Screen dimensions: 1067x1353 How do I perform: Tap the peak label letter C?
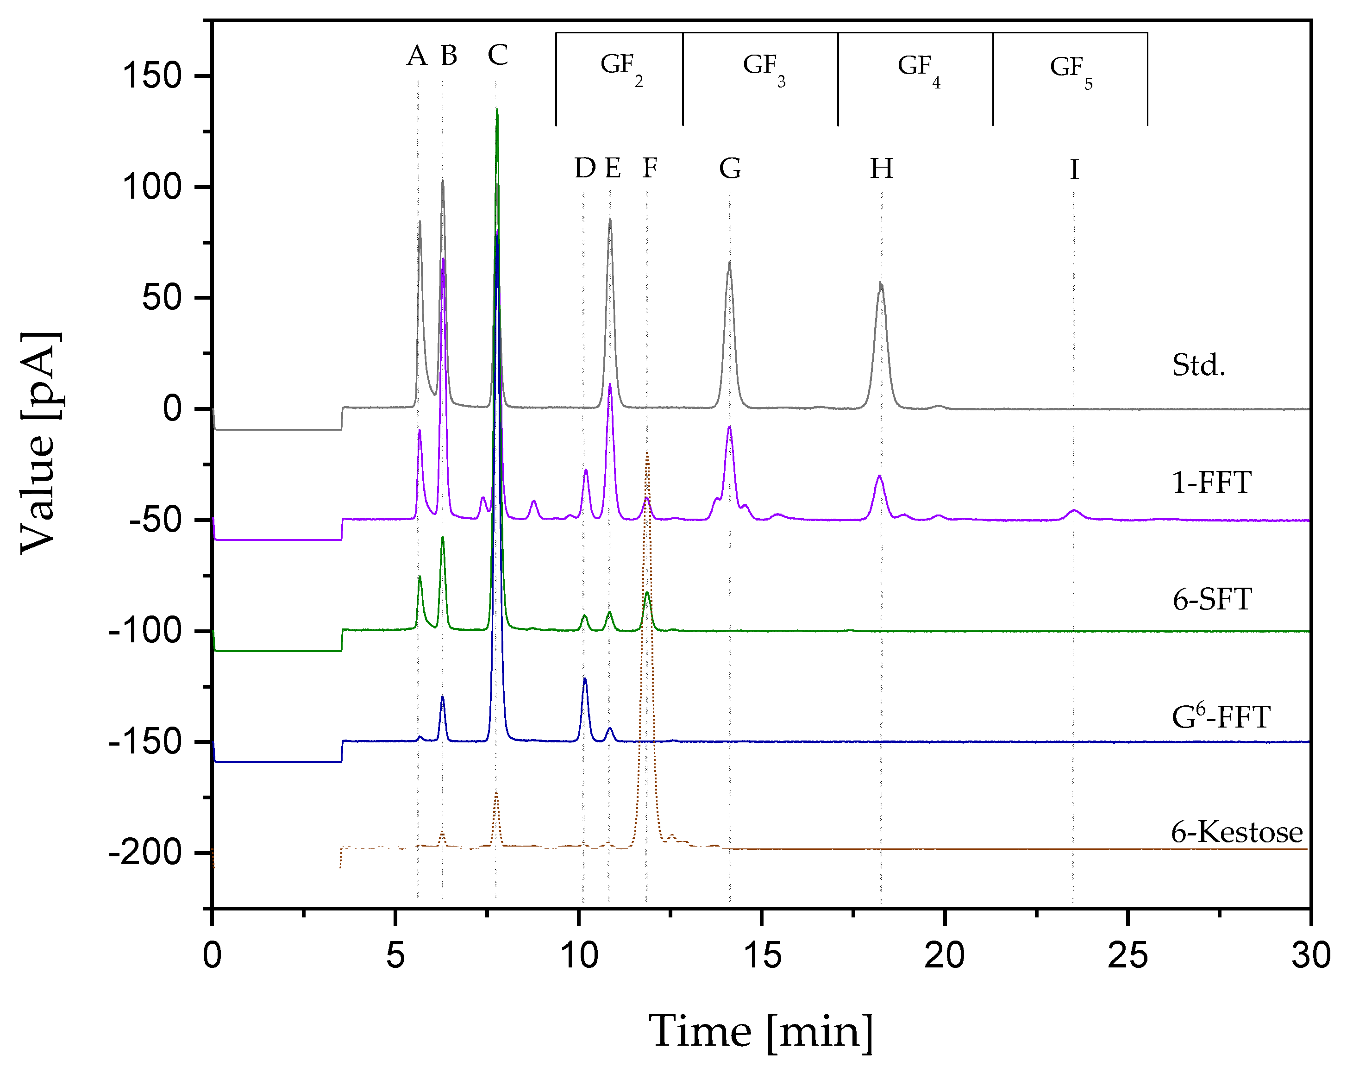click(497, 55)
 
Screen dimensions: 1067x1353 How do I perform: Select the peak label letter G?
click(730, 168)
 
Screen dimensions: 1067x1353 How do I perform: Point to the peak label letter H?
click(881, 169)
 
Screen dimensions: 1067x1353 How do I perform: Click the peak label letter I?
click(1074, 170)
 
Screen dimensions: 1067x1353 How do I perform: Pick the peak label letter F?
click(650, 168)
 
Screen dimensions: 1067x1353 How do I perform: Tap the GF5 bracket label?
click(1070, 70)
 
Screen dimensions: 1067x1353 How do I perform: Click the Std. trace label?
click(1198, 365)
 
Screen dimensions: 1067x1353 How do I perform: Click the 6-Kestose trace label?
click(1236, 833)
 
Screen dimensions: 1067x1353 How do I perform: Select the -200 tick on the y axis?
click(144, 852)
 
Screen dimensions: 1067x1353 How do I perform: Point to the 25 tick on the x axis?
click(1127, 956)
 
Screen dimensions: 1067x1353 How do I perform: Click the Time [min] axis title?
click(760, 1032)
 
